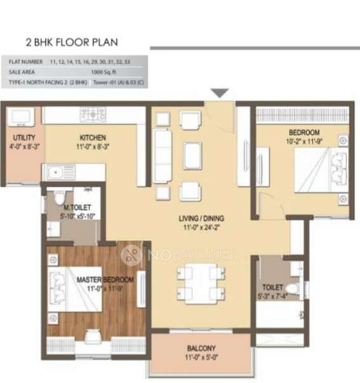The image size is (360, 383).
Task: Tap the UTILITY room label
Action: (x=19, y=138)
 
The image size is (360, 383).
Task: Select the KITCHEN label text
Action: (x=92, y=138)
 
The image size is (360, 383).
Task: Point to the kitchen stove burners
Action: (x=93, y=114)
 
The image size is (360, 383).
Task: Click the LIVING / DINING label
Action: (x=201, y=218)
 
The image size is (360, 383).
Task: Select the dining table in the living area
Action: (x=201, y=282)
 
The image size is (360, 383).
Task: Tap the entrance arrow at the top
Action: (x=220, y=93)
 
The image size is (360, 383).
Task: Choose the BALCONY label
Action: (x=201, y=348)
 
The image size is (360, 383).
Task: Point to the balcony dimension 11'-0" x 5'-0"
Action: (x=201, y=358)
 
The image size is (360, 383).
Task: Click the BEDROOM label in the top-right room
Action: (x=302, y=133)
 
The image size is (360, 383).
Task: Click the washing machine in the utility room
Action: (x=20, y=118)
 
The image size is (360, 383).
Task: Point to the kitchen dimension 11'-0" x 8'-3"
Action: (x=92, y=147)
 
